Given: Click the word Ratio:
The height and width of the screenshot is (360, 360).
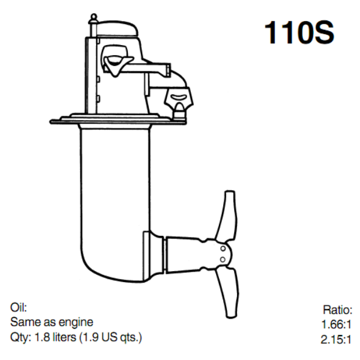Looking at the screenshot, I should click(338, 310).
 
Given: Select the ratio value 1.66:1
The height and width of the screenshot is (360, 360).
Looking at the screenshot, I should click(337, 325).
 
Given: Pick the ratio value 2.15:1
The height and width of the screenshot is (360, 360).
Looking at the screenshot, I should click(337, 339).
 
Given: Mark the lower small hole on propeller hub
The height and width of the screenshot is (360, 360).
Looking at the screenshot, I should click(222, 259).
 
